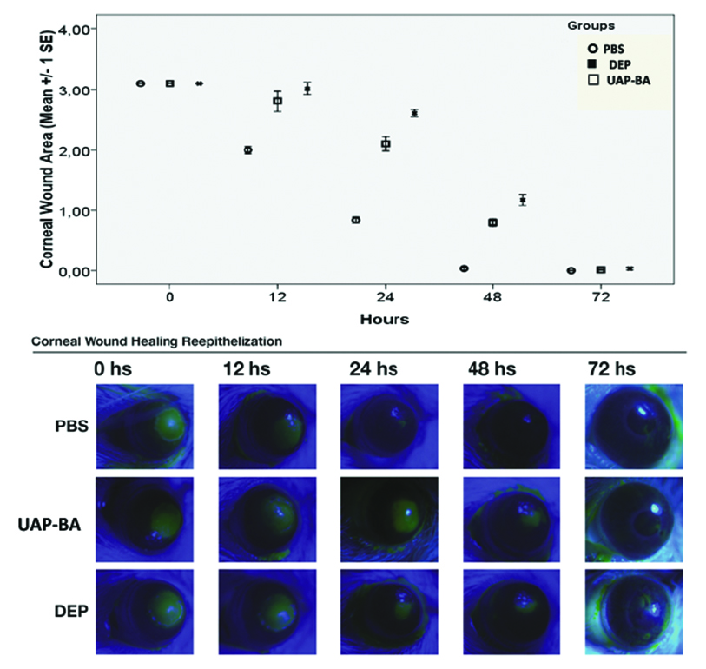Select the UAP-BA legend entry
click(618, 80)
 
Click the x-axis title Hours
click(385, 319)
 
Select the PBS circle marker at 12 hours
click(248, 150)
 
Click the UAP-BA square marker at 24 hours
click(386, 144)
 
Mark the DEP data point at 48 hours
click(523, 200)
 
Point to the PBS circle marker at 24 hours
click(356, 221)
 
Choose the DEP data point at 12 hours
click(307, 89)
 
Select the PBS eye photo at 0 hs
click(144, 425)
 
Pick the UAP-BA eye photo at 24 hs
click(389, 519)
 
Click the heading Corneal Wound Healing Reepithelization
click(156, 341)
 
